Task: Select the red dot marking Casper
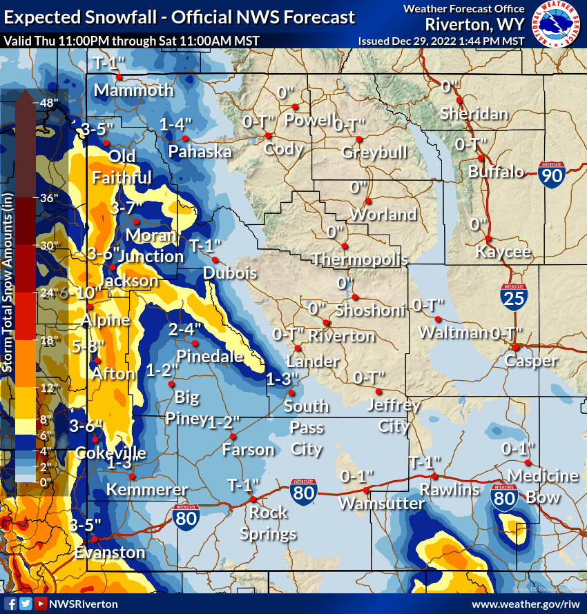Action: point(514,347)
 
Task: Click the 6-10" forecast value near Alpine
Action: point(76,293)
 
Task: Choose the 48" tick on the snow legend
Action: point(50,103)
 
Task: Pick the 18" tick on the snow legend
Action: point(50,340)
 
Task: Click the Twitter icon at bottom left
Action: point(26,604)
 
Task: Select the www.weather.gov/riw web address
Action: point(523,604)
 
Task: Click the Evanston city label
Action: point(110,553)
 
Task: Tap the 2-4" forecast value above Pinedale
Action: point(185,330)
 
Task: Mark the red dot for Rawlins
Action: point(434,476)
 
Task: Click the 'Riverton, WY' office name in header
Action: point(474,24)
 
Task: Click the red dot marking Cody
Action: point(268,136)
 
